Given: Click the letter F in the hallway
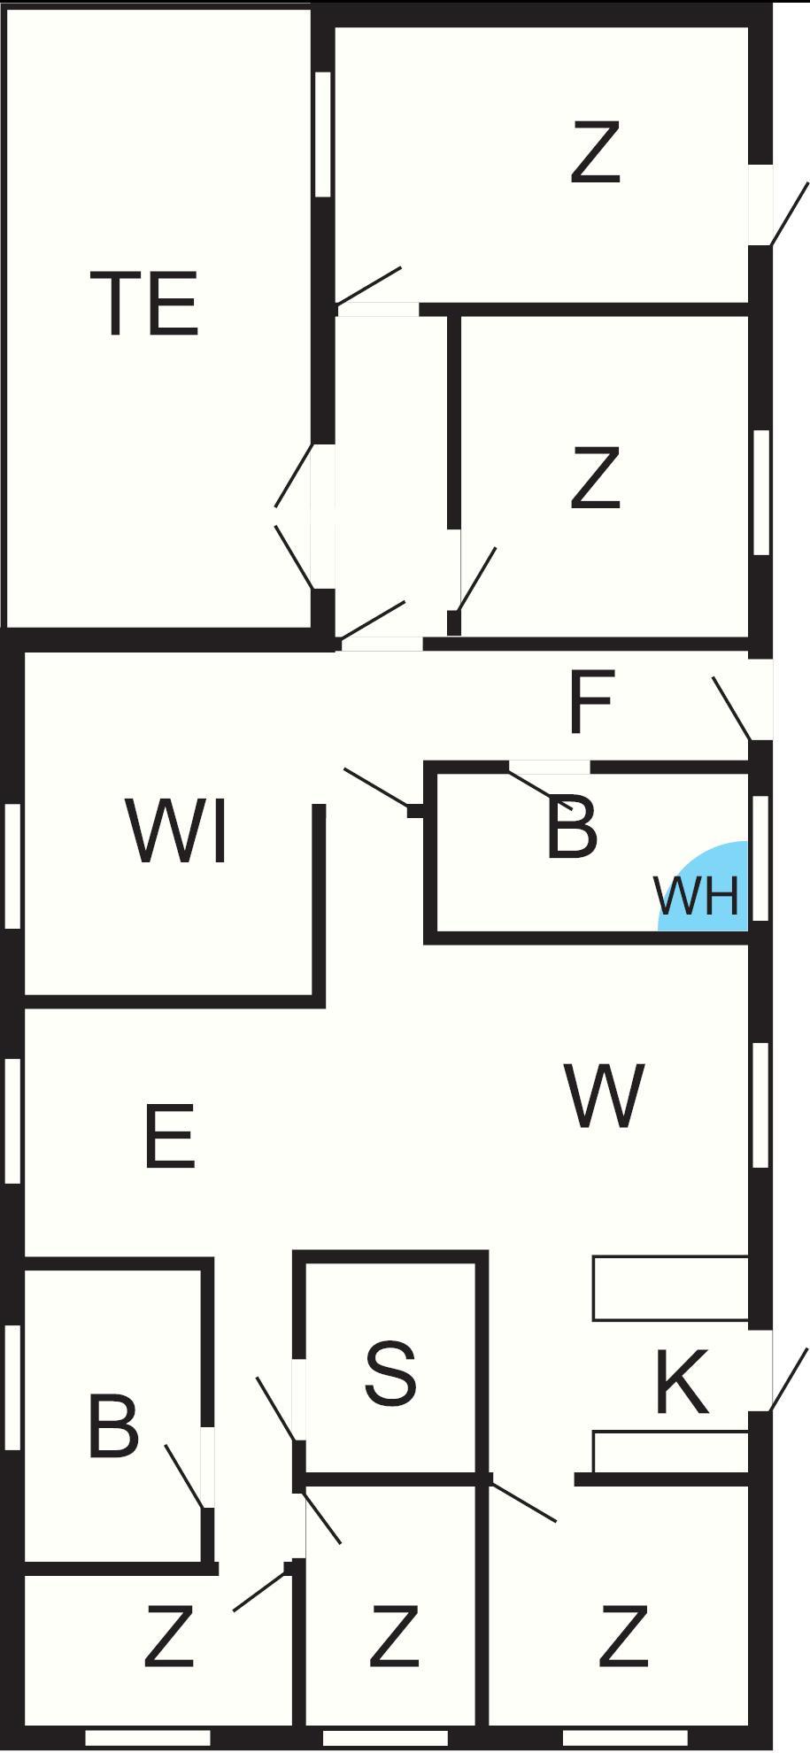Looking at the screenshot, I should (x=590, y=703).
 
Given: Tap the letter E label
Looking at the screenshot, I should (x=169, y=1136).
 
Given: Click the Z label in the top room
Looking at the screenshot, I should (x=594, y=154).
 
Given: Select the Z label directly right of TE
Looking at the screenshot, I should (x=594, y=478).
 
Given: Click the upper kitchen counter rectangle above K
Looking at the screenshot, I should (x=670, y=1288).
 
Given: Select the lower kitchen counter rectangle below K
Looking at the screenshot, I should (x=670, y=1452).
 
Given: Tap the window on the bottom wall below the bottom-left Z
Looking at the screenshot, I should (x=147, y=1738).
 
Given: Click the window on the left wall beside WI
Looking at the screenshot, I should (x=12, y=865).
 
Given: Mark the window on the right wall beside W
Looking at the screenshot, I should (x=760, y=1104).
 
